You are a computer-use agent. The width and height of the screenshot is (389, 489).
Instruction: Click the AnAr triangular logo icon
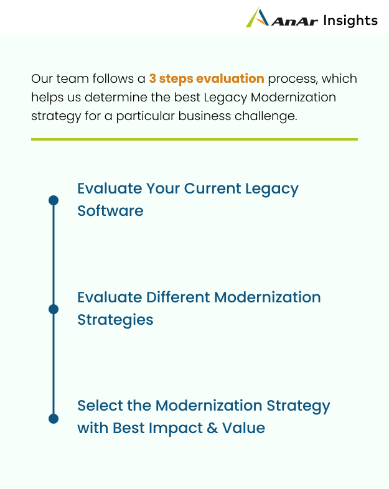click(x=257, y=17)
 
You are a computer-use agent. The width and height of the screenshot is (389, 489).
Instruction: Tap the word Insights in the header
click(x=350, y=21)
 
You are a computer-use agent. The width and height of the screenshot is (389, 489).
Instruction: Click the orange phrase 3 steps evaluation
click(x=207, y=78)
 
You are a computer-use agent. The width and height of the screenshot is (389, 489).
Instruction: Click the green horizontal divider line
click(x=194, y=139)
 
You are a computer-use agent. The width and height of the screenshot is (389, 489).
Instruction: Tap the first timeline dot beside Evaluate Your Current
click(x=54, y=200)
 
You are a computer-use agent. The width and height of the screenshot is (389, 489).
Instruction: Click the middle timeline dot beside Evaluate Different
click(x=54, y=309)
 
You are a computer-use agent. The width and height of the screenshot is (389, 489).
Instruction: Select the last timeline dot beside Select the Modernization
click(x=54, y=419)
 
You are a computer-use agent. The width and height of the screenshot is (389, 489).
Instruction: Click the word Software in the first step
click(x=110, y=211)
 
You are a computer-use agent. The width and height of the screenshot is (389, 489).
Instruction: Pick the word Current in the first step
click(x=212, y=189)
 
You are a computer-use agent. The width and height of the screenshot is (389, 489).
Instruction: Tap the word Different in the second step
click(x=178, y=297)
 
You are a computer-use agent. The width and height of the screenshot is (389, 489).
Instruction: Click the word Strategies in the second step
click(x=115, y=320)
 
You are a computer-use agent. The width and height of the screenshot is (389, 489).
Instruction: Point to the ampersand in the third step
click(x=212, y=428)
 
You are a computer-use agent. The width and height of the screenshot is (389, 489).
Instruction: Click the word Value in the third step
click(x=243, y=428)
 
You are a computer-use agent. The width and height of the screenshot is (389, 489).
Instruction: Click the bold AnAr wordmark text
click(x=295, y=21)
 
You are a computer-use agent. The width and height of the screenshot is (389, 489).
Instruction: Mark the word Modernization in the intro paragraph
click(x=293, y=97)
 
